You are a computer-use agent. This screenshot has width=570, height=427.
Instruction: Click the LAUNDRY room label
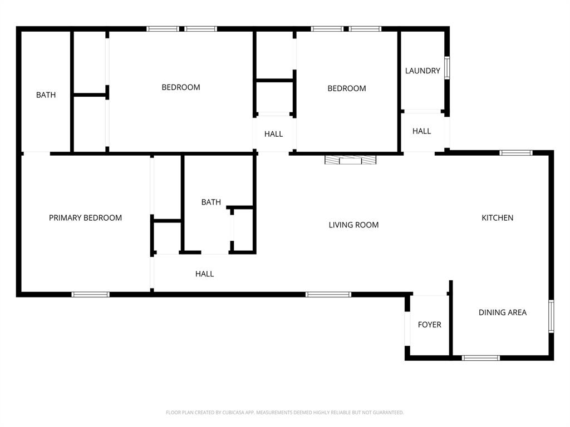[x=422, y=71]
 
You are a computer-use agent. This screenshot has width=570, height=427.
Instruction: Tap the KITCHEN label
[x=497, y=218]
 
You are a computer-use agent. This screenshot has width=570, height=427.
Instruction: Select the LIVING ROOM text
[x=353, y=225]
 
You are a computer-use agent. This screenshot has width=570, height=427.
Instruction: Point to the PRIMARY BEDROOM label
[x=85, y=218]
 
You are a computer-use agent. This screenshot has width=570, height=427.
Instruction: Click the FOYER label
[x=429, y=325]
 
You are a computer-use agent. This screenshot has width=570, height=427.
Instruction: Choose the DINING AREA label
[x=502, y=312]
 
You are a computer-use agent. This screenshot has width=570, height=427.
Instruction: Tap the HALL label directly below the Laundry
[x=421, y=131]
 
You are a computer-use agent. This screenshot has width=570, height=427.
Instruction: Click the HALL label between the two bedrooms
[x=273, y=134]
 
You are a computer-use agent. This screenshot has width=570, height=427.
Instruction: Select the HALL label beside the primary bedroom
[x=204, y=274]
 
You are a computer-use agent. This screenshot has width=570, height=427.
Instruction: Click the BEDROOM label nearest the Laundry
[x=346, y=88]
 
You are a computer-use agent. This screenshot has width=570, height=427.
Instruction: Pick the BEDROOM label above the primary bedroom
[x=181, y=87]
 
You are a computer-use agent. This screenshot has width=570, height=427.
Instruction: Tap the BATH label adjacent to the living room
[x=211, y=202]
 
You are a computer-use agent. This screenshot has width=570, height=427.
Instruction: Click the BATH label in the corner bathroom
[x=46, y=95]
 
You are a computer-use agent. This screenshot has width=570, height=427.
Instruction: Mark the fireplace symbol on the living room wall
[x=351, y=160]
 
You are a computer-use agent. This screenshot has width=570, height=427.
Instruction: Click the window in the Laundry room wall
[x=446, y=68]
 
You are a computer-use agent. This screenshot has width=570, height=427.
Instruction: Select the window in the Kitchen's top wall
[x=515, y=152]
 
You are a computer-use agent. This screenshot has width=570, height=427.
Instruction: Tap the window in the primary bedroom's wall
[x=90, y=294]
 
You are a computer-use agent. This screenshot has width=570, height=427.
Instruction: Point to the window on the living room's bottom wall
[x=328, y=294]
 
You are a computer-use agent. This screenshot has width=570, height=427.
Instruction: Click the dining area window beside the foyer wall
[x=481, y=358]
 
